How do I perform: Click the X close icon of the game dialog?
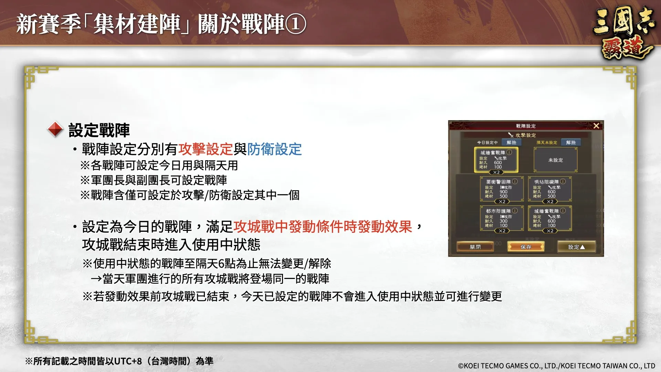pos(596,126)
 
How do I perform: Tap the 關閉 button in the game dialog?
pos(475,247)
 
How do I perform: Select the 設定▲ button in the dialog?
pos(576,247)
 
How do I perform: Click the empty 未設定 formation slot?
pos(555,160)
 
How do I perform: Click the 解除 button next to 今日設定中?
pos(511,142)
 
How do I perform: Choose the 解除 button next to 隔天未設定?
pos(571,142)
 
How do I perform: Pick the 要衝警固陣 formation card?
pos(502,189)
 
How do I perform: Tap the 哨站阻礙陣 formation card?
pos(550,189)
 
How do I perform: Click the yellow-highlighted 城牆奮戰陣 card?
pos(496,160)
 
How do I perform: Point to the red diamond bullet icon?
pos(55,130)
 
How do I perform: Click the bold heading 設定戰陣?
pos(99,130)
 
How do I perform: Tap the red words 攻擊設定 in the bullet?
pos(206,149)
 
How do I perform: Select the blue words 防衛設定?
pos(274,149)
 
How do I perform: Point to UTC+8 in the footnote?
pos(128,361)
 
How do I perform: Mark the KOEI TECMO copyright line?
pos(556,366)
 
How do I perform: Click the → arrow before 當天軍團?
pos(96,279)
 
